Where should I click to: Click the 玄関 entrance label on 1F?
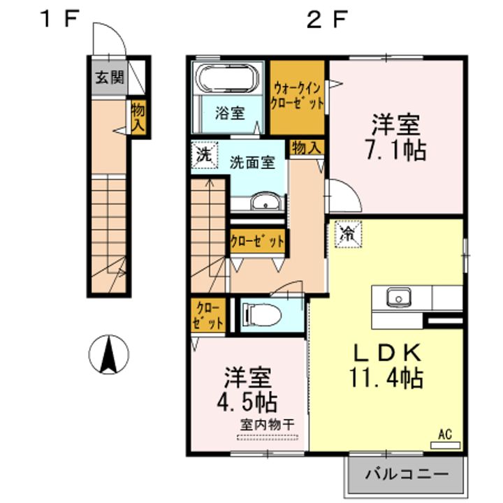110,78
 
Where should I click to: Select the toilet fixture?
262,315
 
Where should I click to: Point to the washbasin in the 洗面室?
265,202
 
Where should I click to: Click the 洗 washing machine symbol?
204,154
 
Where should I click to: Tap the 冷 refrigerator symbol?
349,234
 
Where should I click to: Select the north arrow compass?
109,354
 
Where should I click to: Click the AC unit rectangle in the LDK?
445,445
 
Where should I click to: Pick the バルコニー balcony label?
407,474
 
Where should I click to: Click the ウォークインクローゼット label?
298,96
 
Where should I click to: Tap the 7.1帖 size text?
396,150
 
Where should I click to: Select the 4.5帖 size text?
247,402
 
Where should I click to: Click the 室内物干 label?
267,425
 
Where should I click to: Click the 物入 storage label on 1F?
138,118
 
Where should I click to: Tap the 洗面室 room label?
252,162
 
